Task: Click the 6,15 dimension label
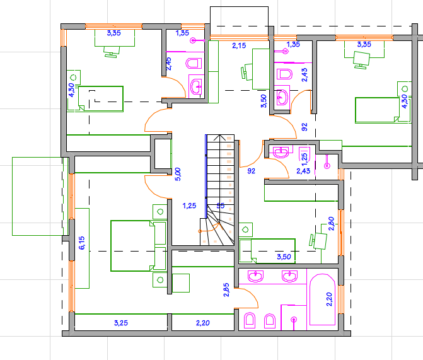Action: coord(82,243)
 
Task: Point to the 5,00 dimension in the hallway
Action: coord(178,174)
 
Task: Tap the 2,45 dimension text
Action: coord(168,64)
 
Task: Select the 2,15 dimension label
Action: coord(239,45)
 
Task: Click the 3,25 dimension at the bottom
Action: coord(121,323)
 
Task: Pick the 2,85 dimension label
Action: coord(226,289)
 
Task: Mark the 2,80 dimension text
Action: coord(332,223)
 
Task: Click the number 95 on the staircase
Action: coord(221,206)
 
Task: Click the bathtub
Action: coord(322,299)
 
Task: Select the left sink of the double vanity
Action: coord(255,276)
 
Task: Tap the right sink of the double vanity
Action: coord(290,276)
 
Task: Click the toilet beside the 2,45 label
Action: coord(194,64)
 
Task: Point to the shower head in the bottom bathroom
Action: coord(294,320)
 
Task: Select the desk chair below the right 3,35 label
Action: coord(361,60)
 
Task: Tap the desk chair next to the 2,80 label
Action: coord(318,240)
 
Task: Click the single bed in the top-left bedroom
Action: coord(101,99)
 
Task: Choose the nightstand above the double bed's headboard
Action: coord(160,212)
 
